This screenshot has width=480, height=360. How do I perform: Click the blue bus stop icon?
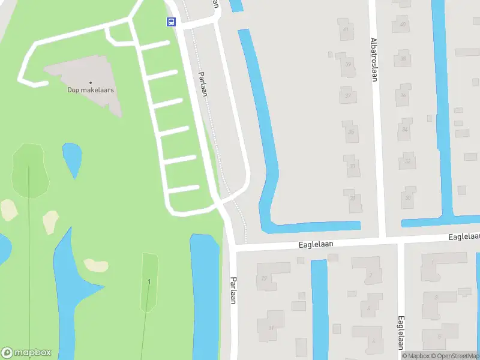[171, 22]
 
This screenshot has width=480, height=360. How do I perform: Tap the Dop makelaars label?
[91, 91]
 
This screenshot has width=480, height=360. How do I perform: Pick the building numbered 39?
[348, 65]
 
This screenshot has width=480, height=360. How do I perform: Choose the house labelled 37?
[348, 95]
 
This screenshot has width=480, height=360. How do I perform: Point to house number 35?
[352, 132]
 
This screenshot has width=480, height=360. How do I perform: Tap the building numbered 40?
[403, 24]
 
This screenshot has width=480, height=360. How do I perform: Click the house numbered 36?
[404, 95]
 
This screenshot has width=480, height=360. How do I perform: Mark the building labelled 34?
[406, 129]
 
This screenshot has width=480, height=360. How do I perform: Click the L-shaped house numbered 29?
[265, 278]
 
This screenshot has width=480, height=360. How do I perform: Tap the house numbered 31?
[271, 328]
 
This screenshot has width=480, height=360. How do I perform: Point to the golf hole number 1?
[149, 282]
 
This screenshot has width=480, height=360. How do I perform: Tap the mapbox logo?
[26, 353]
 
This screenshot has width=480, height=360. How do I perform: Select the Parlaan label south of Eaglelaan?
[233, 291]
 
